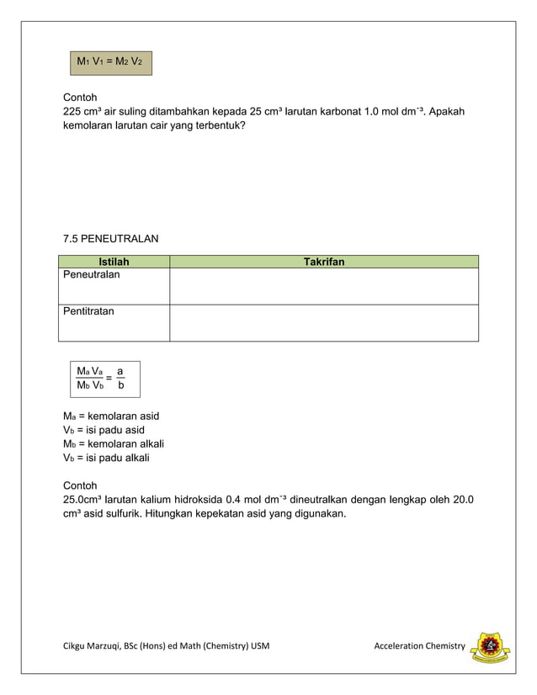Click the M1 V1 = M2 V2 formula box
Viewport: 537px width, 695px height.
pos(110,62)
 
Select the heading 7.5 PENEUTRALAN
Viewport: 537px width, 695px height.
pos(110,239)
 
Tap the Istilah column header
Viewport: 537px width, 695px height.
pos(114,262)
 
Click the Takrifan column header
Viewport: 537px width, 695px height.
pos(323,262)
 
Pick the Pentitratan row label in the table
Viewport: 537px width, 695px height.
pos(89,311)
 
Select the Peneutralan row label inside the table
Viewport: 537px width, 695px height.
pos(92,275)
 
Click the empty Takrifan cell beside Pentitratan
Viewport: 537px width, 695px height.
pos(323,322)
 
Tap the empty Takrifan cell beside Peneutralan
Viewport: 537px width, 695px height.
pos(323,286)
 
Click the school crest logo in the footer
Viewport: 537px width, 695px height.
pos(490,646)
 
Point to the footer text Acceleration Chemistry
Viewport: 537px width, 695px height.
pos(419,645)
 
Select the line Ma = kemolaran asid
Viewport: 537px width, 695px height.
pos(111,416)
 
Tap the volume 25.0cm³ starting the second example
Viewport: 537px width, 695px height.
pos(88,500)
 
